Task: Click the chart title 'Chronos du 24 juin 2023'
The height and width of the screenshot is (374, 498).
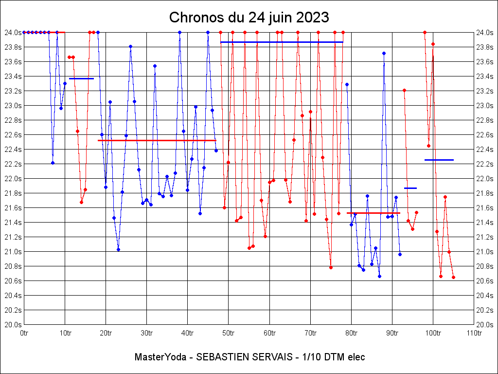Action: (x=249, y=18)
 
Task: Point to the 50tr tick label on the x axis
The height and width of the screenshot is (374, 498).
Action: (x=229, y=333)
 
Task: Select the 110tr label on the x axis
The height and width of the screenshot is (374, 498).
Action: (x=474, y=333)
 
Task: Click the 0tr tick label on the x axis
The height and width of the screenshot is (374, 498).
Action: (x=24, y=333)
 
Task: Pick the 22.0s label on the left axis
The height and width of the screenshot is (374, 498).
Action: (x=13, y=179)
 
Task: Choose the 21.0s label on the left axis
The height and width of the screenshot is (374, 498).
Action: (x=13, y=252)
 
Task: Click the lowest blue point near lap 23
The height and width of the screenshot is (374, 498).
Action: (x=118, y=249)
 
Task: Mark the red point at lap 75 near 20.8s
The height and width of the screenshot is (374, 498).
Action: (x=331, y=267)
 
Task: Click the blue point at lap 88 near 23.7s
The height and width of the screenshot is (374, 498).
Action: (x=384, y=53)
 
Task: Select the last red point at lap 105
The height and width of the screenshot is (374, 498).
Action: (x=453, y=277)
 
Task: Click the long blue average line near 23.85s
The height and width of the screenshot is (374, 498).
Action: (x=282, y=42)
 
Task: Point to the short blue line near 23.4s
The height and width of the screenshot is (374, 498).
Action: (x=81, y=78)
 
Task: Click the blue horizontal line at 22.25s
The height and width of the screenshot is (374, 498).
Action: (x=439, y=160)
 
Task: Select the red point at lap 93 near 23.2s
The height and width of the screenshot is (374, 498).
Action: (x=404, y=90)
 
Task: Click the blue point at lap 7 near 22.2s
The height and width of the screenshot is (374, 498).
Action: (x=53, y=163)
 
